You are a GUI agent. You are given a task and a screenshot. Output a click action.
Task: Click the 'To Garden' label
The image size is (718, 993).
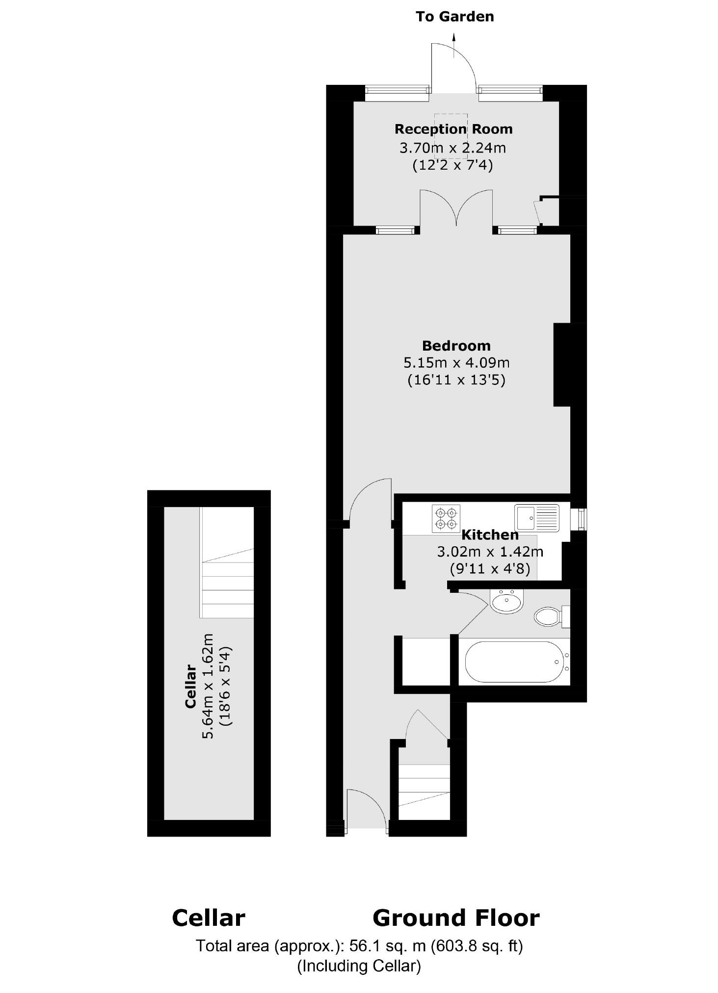pos(454,17)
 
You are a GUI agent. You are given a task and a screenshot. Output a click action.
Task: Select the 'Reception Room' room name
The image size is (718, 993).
pos(453,129)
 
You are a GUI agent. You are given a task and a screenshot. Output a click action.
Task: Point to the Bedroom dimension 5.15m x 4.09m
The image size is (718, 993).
pos(456,363)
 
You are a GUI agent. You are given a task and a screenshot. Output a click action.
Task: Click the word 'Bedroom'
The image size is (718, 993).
pos(456,346)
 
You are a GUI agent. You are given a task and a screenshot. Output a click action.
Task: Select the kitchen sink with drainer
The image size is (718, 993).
pos(536,517)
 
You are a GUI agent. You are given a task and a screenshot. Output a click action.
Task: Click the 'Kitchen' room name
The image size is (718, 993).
pos(490,535)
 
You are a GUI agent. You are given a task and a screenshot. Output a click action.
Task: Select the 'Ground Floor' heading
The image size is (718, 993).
pos(456,918)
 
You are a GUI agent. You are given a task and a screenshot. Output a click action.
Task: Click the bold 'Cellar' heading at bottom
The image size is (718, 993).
pos(208,918)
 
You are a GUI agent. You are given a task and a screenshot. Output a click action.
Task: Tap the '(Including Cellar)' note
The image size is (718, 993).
pos(359,966)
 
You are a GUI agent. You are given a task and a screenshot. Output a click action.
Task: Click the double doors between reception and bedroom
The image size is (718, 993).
pos(456,211)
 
